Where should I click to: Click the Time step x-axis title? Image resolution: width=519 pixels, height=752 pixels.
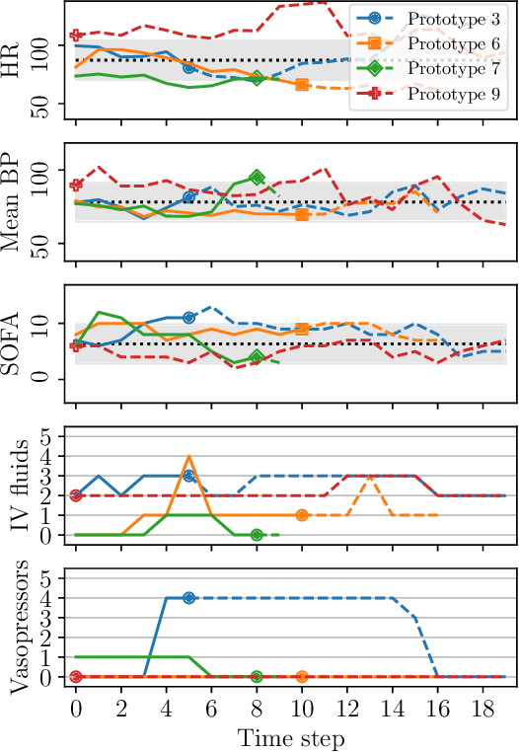coord(290,737)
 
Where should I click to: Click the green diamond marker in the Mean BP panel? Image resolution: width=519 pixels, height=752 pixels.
coord(257,178)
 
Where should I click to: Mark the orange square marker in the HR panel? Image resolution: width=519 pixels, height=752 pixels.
coord(302,85)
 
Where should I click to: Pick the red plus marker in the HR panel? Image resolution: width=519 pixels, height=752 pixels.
coord(76,36)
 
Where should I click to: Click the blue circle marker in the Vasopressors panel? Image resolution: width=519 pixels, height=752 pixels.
coord(189,598)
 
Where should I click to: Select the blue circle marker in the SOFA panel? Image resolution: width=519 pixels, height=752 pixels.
coord(189,317)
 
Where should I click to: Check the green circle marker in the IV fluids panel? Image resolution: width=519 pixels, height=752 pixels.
coord(257,535)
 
